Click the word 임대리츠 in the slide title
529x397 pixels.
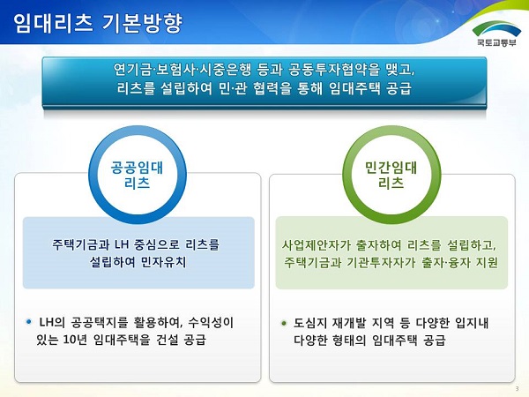(x=53, y=24)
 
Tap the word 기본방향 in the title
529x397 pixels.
(x=142, y=24)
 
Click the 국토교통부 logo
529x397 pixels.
(x=496, y=34)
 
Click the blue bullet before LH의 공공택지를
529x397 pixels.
(x=29, y=322)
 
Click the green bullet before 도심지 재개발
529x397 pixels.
(x=283, y=324)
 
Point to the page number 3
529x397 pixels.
(x=518, y=388)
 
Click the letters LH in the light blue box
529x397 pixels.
(x=122, y=244)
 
